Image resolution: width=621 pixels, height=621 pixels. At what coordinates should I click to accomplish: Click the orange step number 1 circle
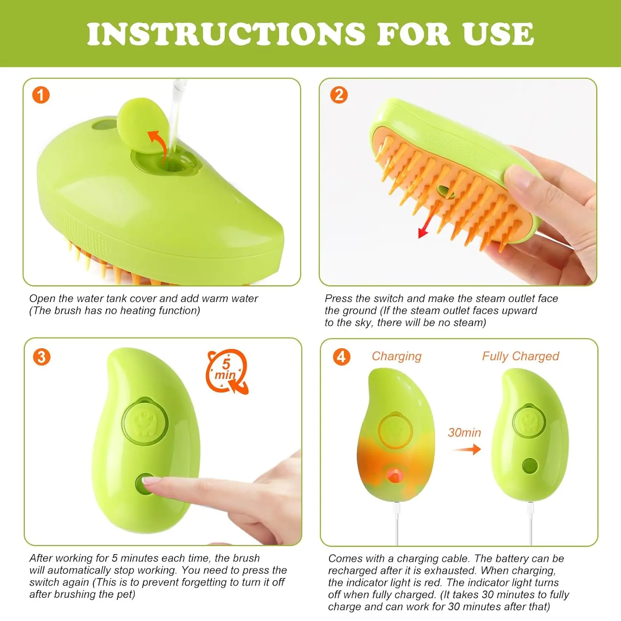point(41,95)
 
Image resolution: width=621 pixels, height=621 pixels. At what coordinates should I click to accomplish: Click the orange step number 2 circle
point(339,95)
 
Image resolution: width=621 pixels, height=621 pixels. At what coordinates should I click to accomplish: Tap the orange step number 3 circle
point(41,357)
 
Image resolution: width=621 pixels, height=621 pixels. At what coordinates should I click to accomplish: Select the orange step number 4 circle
point(342,356)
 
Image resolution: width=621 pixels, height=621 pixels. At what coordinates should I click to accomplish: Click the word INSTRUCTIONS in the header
point(226,34)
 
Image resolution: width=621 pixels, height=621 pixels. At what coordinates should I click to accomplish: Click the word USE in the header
point(498,34)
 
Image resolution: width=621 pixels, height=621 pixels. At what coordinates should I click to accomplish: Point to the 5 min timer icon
point(227,371)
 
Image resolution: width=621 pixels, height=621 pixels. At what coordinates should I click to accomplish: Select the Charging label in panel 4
point(396,356)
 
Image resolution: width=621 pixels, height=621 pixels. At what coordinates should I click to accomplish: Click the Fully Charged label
point(520,356)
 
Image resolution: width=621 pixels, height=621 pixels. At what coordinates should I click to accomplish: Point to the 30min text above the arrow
point(464,433)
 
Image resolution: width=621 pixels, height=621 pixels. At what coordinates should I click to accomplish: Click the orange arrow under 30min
point(467,449)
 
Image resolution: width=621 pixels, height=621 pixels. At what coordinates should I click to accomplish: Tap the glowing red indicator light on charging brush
point(394,474)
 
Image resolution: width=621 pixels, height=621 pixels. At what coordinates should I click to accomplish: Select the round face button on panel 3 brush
point(145,421)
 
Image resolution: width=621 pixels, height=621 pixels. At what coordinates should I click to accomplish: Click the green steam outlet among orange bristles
point(445,191)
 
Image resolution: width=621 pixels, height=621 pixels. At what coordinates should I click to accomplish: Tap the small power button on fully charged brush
point(530,466)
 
